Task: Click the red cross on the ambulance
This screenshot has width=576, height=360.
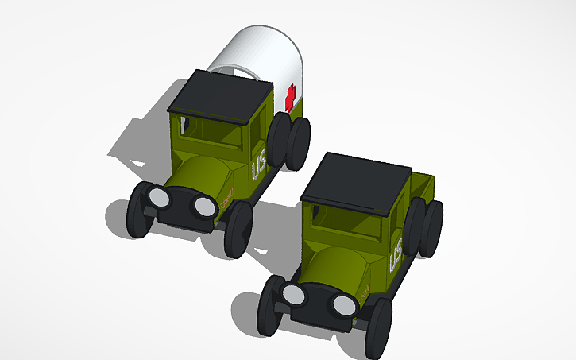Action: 290,98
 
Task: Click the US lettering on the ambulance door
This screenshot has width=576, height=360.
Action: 259,167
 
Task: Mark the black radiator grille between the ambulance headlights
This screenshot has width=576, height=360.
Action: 180,205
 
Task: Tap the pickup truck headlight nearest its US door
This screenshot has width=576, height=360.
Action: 344,304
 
